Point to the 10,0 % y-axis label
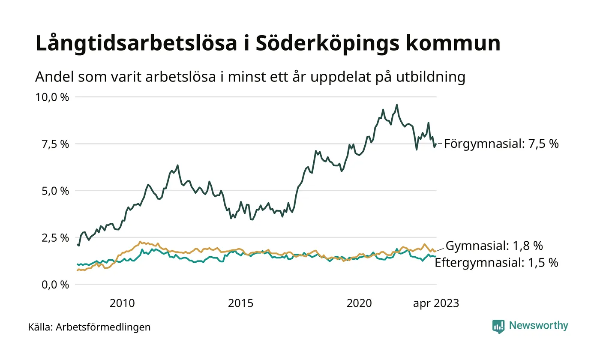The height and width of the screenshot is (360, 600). click(x=53, y=97)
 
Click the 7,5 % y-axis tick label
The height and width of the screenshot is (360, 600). click(x=55, y=144)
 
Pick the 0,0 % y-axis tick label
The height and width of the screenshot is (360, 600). click(x=55, y=285)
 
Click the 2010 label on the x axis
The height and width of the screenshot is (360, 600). click(x=122, y=303)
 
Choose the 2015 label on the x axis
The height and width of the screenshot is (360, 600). click(x=241, y=303)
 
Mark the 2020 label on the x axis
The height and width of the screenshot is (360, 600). click(x=359, y=303)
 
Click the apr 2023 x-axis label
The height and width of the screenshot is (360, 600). click(x=436, y=303)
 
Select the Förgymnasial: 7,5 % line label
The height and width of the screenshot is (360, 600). click(x=501, y=144)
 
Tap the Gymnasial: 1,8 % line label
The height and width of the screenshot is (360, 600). click(x=495, y=246)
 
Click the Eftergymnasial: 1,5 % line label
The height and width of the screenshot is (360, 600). click(x=496, y=263)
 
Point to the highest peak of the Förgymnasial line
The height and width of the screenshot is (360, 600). click(x=397, y=105)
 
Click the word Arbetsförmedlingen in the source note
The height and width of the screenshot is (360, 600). click(x=103, y=327)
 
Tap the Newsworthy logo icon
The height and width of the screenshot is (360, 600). click(x=498, y=326)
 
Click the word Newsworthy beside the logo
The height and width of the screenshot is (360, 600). click(x=539, y=326)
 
